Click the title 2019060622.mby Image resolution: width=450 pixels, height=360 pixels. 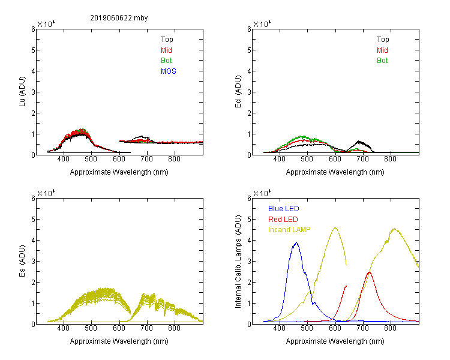[119, 18]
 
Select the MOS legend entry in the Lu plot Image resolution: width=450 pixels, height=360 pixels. [169, 71]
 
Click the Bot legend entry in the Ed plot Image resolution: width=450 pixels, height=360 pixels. [382, 61]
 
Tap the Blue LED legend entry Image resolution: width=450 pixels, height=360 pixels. [284, 209]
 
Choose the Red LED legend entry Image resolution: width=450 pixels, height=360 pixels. [283, 220]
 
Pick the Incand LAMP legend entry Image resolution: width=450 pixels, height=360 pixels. [289, 230]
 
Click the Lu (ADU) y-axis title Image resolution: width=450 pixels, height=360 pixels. [22, 92]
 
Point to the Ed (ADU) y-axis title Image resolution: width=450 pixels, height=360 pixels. [238, 92]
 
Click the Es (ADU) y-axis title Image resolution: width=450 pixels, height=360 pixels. [22, 261]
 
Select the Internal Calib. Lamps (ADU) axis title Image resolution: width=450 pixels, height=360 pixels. [238, 262]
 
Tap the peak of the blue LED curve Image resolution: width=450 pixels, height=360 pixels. [296, 242]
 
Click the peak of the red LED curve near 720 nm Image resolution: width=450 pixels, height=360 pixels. [369, 272]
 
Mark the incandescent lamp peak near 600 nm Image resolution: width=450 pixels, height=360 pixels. [335, 228]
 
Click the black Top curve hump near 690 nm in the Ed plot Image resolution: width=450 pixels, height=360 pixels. [359, 142]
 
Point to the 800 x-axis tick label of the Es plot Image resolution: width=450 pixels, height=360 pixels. [174, 328]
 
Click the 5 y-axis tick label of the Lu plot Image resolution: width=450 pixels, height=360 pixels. [33, 50]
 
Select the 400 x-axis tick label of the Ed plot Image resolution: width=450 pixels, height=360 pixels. [279, 159]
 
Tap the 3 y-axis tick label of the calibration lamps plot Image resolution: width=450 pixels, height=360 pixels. [249, 261]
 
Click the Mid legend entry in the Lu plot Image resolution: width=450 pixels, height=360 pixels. [166, 50]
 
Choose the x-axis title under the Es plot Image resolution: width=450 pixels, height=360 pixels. [119, 341]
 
